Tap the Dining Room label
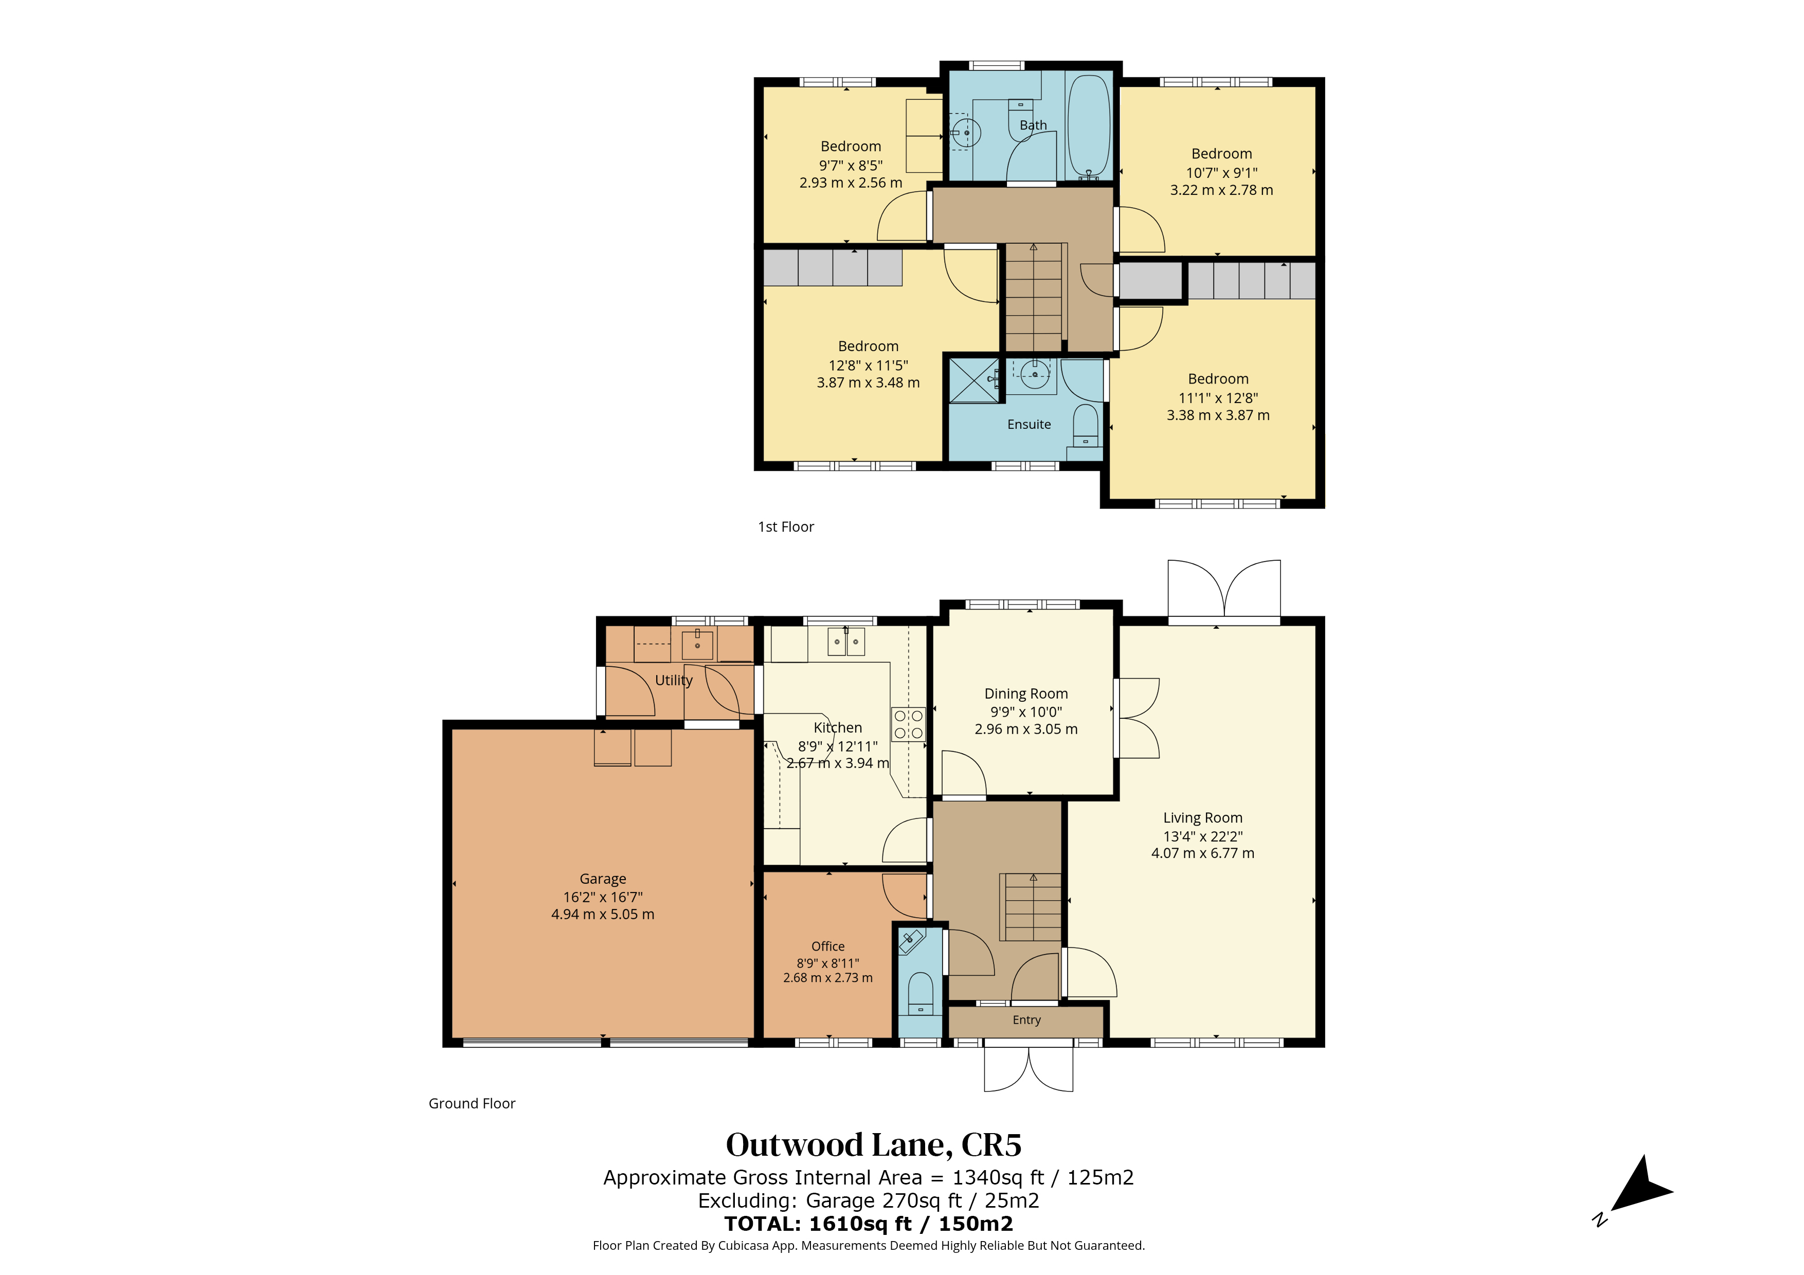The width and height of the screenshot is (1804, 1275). pyautogui.click(x=1026, y=694)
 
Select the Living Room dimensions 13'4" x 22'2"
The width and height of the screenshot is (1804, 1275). pyautogui.click(x=1203, y=836)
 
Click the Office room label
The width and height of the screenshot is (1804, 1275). pyautogui.click(x=828, y=946)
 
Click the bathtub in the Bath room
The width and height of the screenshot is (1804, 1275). pyautogui.click(x=1088, y=128)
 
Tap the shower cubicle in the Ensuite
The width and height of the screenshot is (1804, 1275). pyautogui.click(x=975, y=380)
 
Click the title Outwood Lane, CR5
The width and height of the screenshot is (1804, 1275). pyautogui.click(x=874, y=1145)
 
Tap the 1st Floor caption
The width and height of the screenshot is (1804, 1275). pyautogui.click(x=786, y=527)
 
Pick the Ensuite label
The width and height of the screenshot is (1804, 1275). pyautogui.click(x=1029, y=424)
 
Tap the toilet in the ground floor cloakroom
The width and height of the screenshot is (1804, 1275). pyautogui.click(x=920, y=994)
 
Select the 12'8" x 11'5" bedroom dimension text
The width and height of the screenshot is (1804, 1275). pyautogui.click(x=868, y=366)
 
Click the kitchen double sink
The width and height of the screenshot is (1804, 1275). pyautogui.click(x=846, y=641)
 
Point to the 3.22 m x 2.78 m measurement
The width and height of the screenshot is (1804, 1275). pyautogui.click(x=1222, y=190)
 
